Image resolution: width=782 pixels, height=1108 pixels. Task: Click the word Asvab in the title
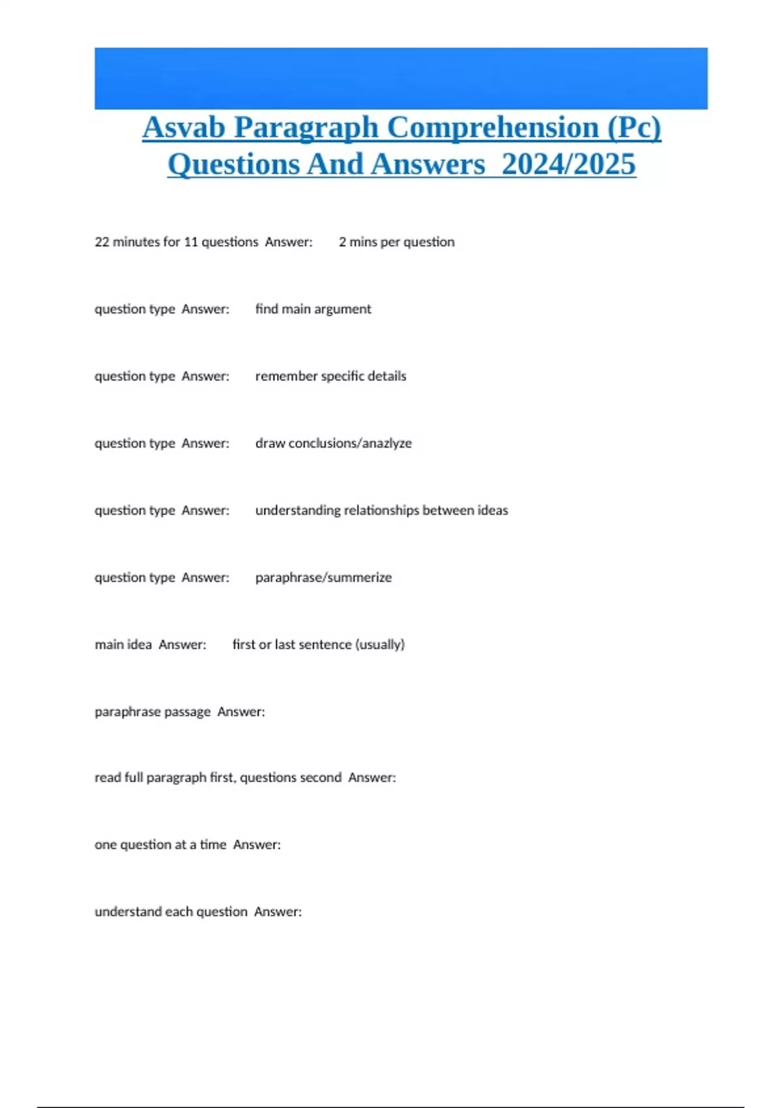(x=184, y=127)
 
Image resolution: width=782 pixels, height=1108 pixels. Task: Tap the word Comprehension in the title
(x=493, y=127)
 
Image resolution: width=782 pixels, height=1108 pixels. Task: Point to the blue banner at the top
(x=401, y=78)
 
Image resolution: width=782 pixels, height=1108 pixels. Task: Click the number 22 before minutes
(x=102, y=242)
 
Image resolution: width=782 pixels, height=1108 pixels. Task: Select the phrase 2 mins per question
(x=396, y=242)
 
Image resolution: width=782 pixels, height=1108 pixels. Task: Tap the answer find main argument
(x=313, y=309)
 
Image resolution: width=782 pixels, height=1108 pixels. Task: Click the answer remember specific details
(x=330, y=376)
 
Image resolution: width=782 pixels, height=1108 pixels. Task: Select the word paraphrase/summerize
(x=323, y=577)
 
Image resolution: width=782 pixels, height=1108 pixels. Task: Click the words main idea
(x=123, y=645)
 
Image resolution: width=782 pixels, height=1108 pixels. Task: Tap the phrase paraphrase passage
(x=152, y=712)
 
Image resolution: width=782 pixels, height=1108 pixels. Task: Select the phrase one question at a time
(x=160, y=845)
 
